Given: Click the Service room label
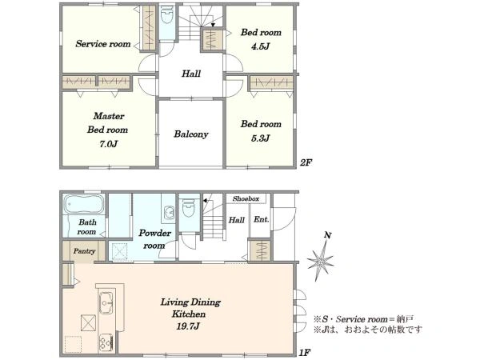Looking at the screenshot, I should click(x=102, y=44).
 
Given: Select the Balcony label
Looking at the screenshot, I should click(x=191, y=134).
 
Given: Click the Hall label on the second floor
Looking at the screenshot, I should click(x=191, y=74).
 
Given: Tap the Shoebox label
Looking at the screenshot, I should click(x=246, y=198).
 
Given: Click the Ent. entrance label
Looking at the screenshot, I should click(x=262, y=218).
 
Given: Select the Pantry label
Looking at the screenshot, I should click(x=84, y=251).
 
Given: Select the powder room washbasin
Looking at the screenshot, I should click(x=169, y=214).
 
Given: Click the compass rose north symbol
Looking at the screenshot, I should click(x=322, y=258).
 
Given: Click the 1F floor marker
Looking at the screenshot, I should click(x=305, y=351).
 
